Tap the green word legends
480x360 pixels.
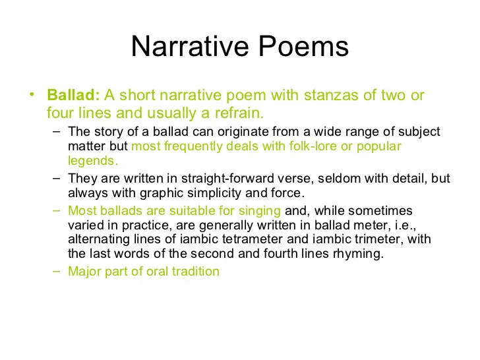click(93, 160)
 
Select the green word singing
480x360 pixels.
click(262, 211)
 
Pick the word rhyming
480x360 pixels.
click(357, 253)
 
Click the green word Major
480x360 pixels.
click(83, 271)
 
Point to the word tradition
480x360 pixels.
click(196, 271)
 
